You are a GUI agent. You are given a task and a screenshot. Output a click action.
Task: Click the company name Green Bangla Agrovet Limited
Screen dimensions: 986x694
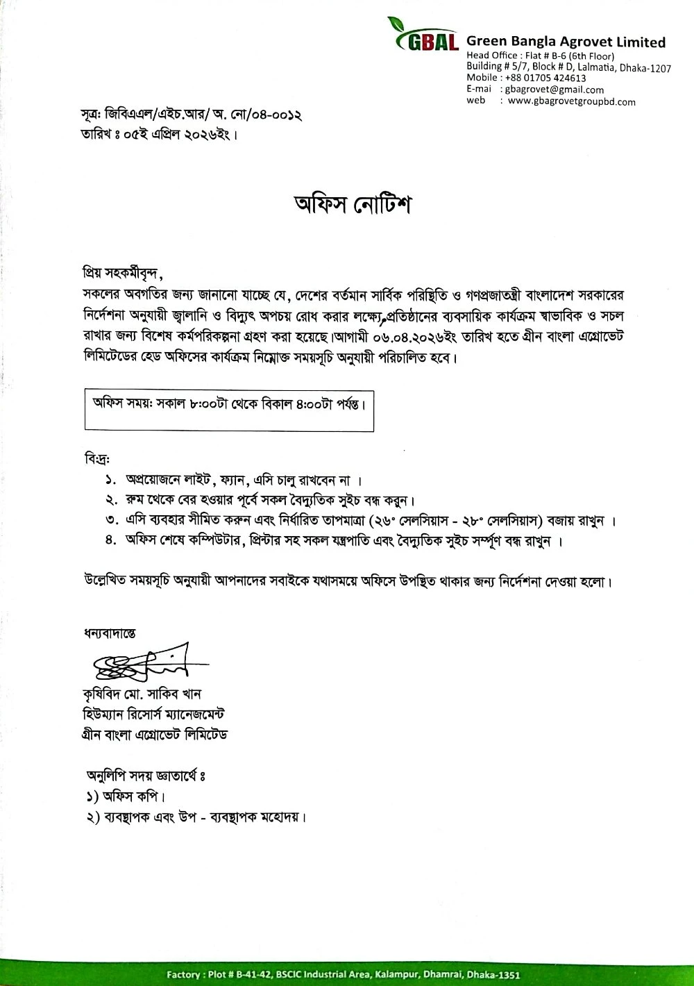(566, 42)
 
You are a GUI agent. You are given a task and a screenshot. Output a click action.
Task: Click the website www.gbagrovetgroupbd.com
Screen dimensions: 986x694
(571, 101)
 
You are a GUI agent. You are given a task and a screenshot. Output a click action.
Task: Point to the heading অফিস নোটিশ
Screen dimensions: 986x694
(353, 206)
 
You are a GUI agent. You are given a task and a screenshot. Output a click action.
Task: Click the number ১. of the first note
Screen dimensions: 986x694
(110, 481)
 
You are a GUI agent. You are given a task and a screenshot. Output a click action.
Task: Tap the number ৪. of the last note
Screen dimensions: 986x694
(110, 540)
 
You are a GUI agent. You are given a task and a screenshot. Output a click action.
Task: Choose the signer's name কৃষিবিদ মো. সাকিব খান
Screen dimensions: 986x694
(141, 694)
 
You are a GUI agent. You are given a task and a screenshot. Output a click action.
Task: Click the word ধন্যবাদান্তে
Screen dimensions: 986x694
(110, 633)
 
